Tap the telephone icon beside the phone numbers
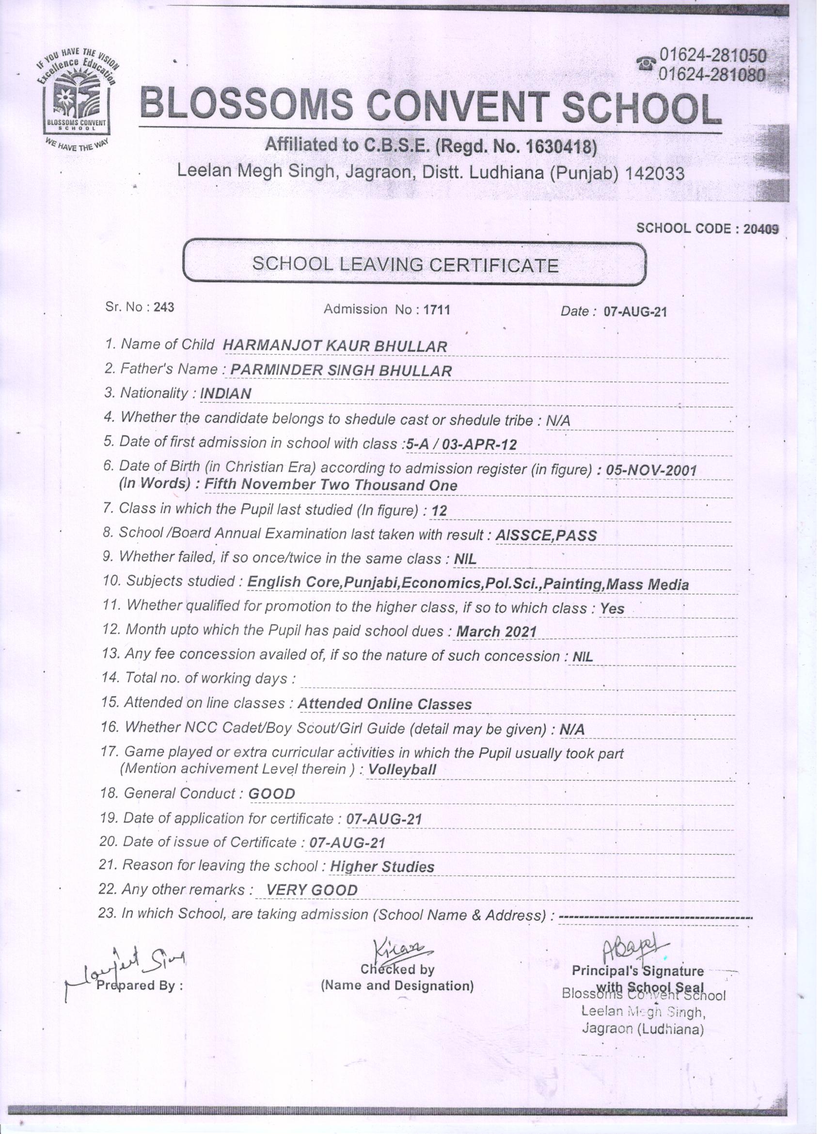pos(646,65)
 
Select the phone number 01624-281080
pos(712,75)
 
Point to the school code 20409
pos(761,228)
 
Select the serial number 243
pos(164,307)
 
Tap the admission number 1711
pos(436,310)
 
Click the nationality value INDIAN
pos(225,393)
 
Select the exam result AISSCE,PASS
pos(546,535)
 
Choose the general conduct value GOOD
pos(271,794)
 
